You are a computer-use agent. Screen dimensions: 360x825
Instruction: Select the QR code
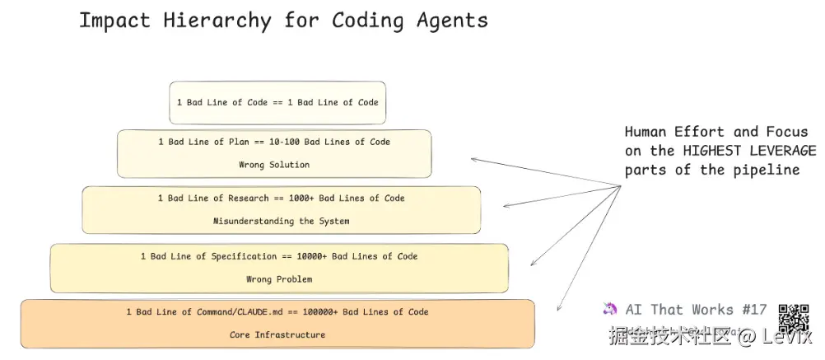click(794, 319)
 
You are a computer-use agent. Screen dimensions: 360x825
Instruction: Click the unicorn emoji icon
click(610, 309)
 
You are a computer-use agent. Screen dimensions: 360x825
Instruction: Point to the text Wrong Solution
click(274, 165)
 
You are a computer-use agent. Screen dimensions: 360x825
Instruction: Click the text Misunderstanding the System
click(281, 221)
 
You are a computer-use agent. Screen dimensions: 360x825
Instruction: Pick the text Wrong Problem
click(279, 279)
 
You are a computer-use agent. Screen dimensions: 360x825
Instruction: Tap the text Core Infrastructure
click(277, 335)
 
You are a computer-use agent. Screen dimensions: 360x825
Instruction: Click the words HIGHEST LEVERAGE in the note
click(749, 151)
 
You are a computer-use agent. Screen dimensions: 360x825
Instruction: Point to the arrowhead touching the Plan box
click(474, 159)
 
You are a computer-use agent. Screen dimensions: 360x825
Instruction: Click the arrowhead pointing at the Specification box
click(533, 263)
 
